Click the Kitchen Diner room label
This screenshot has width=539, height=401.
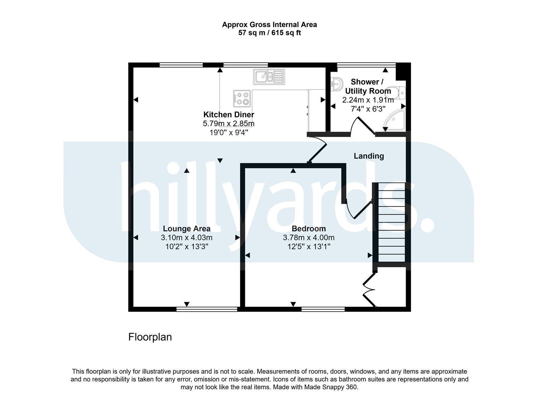229,114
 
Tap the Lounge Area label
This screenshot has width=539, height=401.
187,229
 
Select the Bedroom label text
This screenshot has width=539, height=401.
308,229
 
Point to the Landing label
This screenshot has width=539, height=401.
369,156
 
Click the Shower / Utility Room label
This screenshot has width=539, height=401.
368,87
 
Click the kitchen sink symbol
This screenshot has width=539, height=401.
269,77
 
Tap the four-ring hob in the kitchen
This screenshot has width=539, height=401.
242,98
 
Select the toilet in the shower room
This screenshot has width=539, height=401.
396,93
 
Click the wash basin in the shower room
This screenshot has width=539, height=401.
336,84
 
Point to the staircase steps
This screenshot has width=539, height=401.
392,222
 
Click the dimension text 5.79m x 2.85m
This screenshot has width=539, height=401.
229,124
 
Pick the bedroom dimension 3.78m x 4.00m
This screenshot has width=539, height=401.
308,238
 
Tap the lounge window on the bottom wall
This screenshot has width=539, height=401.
206,309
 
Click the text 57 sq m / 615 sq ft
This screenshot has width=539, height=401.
269,33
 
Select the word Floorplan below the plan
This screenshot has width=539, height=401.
150,337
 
